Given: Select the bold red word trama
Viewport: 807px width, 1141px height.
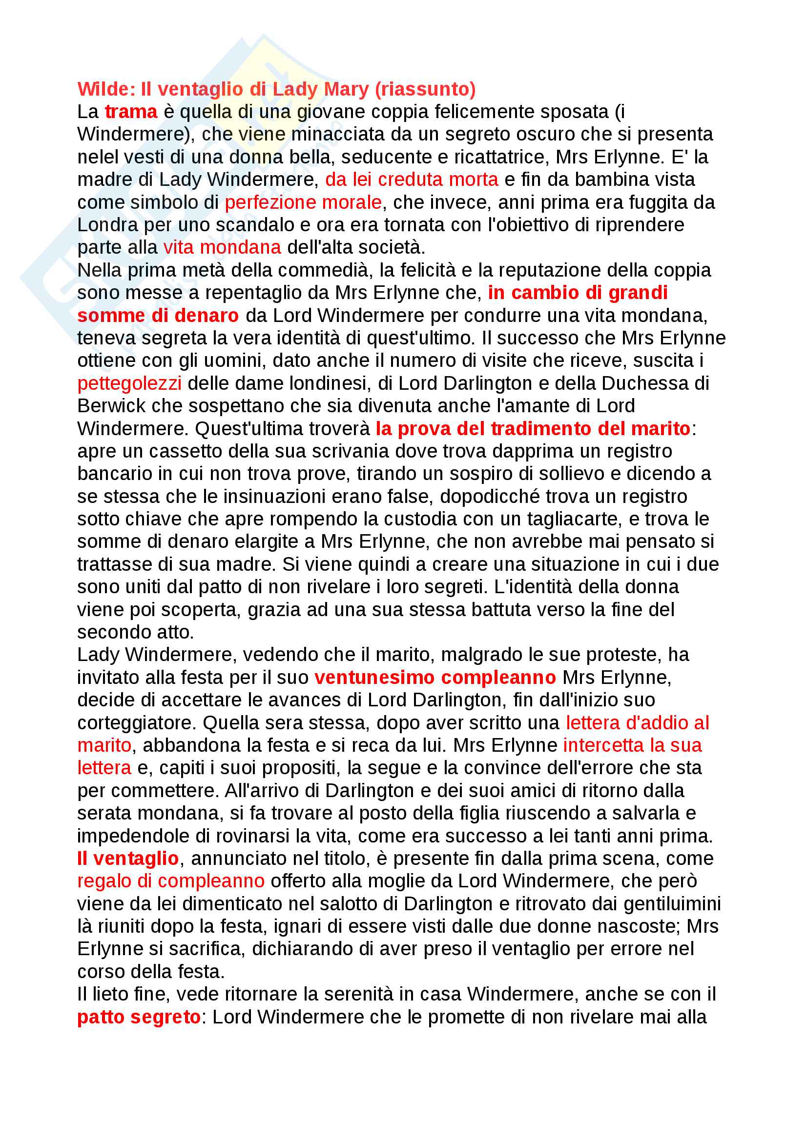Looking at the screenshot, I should tap(131, 112).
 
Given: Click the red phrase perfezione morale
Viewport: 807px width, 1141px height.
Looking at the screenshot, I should tap(303, 202).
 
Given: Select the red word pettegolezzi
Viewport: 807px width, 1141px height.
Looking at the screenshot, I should tap(129, 383).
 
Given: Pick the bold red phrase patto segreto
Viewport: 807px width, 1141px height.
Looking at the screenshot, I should tap(139, 1017).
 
